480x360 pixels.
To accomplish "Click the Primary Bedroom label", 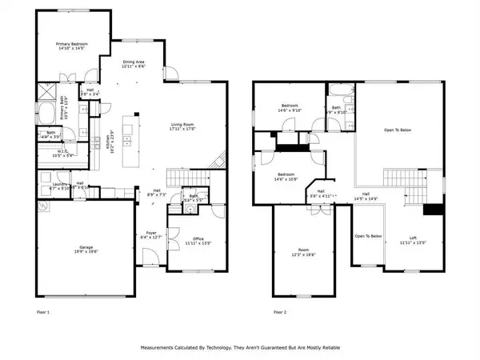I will (x=71, y=46).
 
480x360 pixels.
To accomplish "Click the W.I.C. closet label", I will (x=63, y=152).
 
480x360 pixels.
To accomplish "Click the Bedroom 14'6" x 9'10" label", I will (x=290, y=108).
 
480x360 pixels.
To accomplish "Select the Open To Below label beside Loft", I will (x=369, y=237).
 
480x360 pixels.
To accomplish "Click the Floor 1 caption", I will (x=43, y=312).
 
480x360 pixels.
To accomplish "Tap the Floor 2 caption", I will (x=279, y=312).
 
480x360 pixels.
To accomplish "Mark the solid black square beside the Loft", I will (x=433, y=210).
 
